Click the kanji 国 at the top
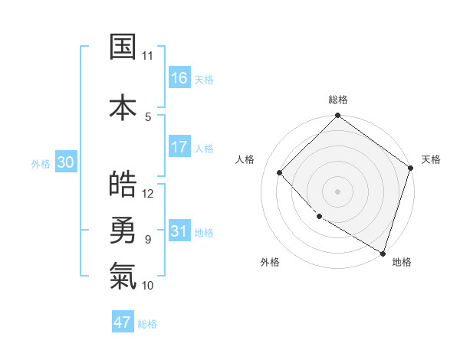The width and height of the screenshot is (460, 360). pyautogui.click(x=123, y=46)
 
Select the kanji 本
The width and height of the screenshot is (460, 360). pyautogui.click(x=123, y=106)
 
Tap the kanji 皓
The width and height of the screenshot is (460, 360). pyautogui.click(x=123, y=183)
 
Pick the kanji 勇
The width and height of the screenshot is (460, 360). pyautogui.click(x=123, y=229)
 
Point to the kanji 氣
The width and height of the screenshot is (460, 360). pyautogui.click(x=123, y=275)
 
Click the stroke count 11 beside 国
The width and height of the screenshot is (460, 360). pyautogui.click(x=147, y=56)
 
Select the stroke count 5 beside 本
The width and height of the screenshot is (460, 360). pyautogui.click(x=148, y=116)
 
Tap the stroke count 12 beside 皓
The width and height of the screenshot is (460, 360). pyautogui.click(x=148, y=193)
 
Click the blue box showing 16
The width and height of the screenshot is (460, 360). pyautogui.click(x=179, y=78)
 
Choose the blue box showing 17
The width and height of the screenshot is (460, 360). pyautogui.click(x=179, y=147)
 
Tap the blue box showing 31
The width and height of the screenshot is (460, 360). pyautogui.click(x=179, y=231)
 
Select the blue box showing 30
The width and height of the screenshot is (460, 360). pyautogui.click(x=66, y=162)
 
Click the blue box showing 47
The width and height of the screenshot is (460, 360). pyautogui.click(x=123, y=322)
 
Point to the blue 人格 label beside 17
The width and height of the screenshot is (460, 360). pyautogui.click(x=204, y=148)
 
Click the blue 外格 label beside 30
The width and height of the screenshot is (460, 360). pyautogui.click(x=41, y=163)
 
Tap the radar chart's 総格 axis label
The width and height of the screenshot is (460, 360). pyautogui.click(x=338, y=100)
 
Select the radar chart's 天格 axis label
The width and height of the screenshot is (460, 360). pyautogui.click(x=431, y=159)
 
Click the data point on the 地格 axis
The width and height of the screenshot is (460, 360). pyautogui.click(x=382, y=252)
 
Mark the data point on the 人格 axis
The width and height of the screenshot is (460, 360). pyautogui.click(x=280, y=172)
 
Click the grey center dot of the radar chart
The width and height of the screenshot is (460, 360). pyautogui.click(x=337, y=191)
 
